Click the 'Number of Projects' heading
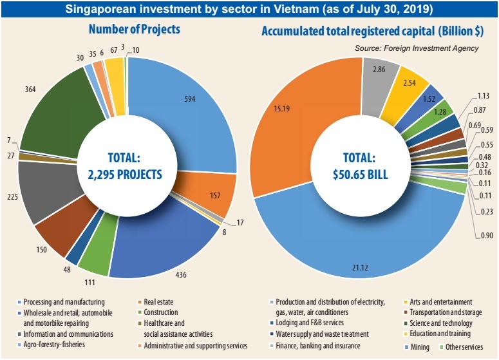point(134,30)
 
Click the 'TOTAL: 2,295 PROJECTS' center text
point(126,166)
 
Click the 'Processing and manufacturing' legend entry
point(65,301)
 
